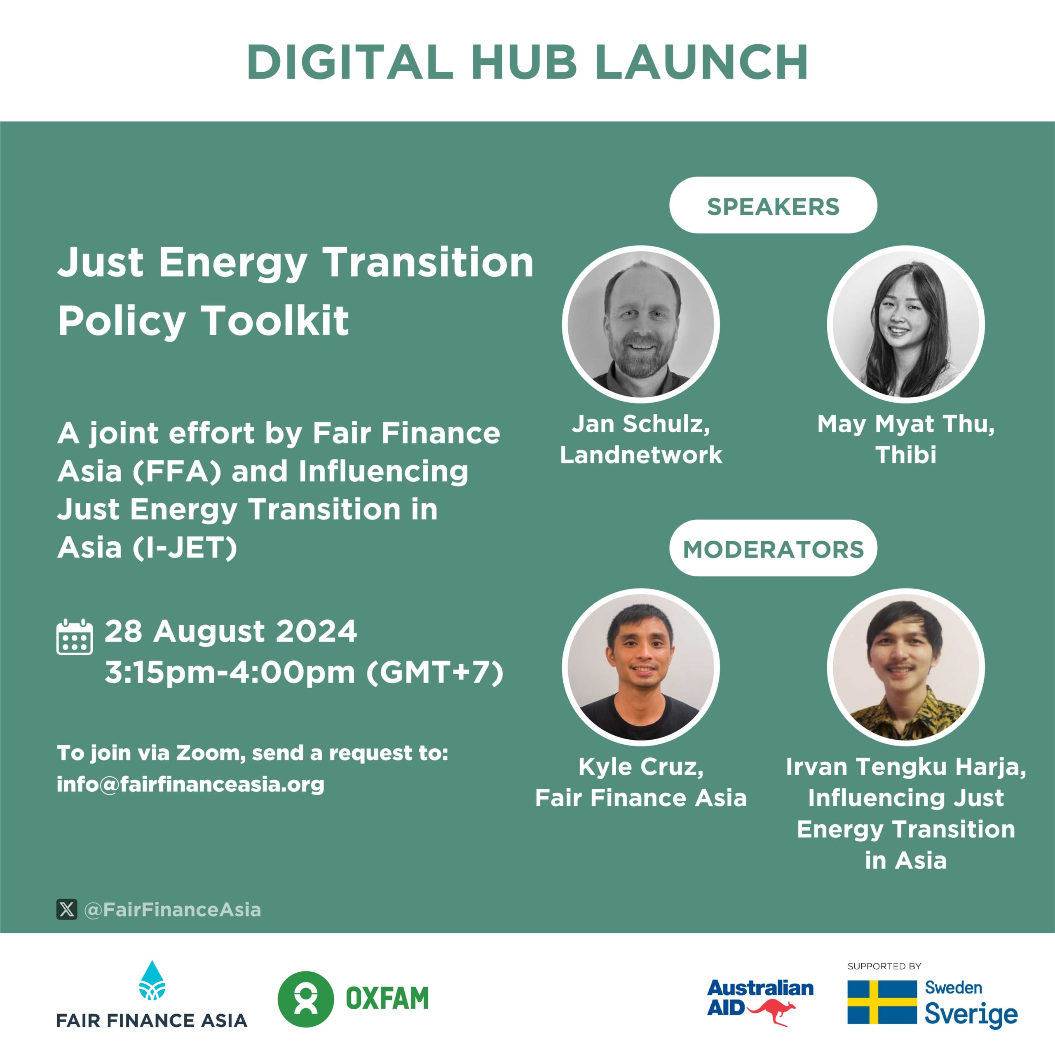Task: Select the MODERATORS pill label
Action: click(x=773, y=549)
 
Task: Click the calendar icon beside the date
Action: click(x=74, y=637)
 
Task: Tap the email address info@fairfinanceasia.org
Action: click(x=190, y=784)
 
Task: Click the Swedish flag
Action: click(x=882, y=1002)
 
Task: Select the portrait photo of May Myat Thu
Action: click(x=906, y=324)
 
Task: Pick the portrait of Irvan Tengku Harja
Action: click(x=906, y=667)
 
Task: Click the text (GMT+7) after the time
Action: click(x=435, y=672)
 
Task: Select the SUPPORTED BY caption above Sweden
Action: click(x=884, y=966)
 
